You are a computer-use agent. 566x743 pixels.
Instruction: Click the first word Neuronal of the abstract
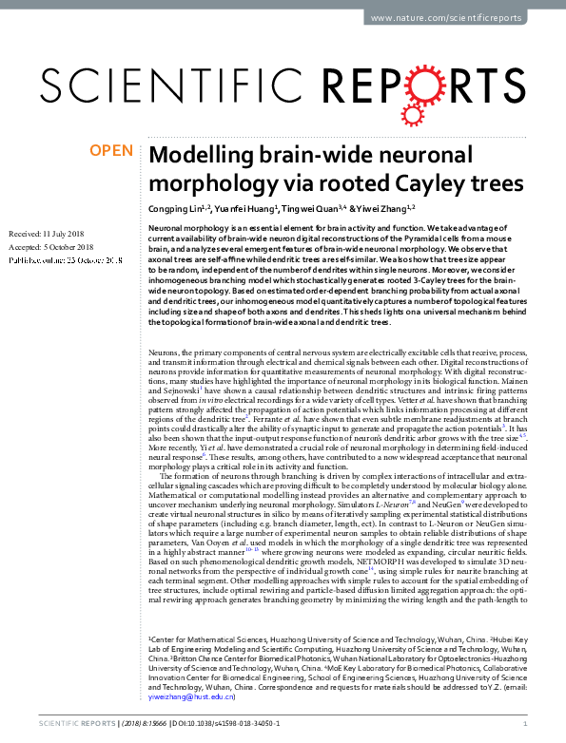[x=167, y=229]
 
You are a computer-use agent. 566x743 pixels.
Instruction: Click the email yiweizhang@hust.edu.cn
[x=192, y=696]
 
